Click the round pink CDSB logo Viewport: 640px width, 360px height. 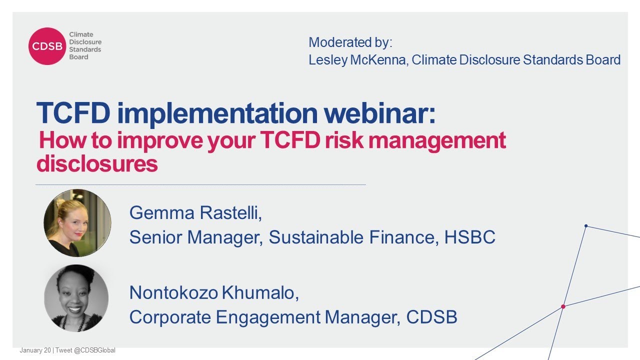click(47, 46)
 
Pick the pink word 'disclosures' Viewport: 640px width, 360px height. click(97, 163)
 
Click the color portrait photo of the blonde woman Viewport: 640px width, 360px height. click(77, 223)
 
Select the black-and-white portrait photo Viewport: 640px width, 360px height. click(77, 298)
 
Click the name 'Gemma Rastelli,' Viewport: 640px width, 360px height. click(195, 213)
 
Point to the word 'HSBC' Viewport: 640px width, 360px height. click(469, 237)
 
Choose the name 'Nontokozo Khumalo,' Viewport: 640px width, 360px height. click(214, 293)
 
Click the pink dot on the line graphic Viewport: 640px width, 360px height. click(563, 306)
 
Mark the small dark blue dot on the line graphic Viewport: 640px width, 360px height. click(586, 226)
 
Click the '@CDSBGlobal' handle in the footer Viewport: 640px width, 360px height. click(95, 350)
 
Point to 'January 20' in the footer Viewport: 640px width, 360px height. click(35, 350)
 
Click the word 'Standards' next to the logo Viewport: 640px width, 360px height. click(85, 49)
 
